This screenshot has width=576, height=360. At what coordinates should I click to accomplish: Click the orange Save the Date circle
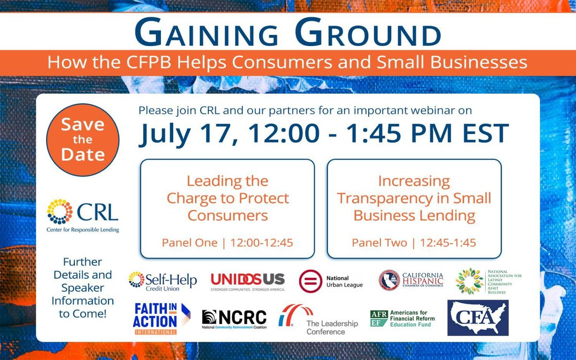[x=82, y=140]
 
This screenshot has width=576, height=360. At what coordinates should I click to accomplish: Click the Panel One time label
[x=227, y=243]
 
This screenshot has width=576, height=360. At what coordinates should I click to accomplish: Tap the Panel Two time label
[x=414, y=243]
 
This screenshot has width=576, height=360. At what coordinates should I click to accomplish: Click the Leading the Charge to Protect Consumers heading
[x=228, y=198]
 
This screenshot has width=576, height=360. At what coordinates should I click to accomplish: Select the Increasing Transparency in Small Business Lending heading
[x=414, y=198]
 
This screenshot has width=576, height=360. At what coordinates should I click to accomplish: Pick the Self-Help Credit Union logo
[x=162, y=280]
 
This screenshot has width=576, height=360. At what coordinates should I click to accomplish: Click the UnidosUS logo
[x=248, y=281]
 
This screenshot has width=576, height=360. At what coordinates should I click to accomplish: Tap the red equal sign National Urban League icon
[x=310, y=281]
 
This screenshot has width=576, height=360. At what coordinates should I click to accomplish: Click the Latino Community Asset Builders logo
[x=488, y=281]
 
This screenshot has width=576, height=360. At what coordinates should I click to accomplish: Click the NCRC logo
[x=234, y=318]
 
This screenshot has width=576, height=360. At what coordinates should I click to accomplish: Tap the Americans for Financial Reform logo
[x=402, y=318]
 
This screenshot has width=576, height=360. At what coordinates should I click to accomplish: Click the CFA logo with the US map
[x=478, y=318]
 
